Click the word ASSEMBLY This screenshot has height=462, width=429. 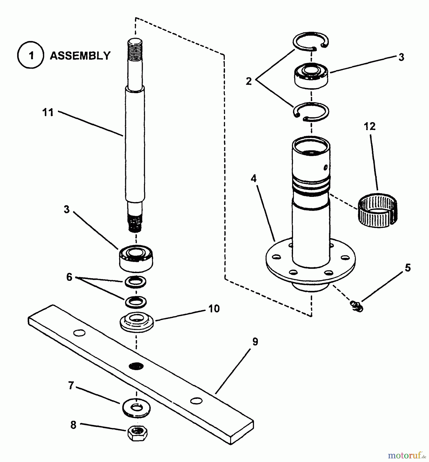pos(80,55)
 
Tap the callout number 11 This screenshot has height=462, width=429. pos(48,112)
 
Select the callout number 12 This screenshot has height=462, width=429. pos(369,126)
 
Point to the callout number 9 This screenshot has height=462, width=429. pos(255,342)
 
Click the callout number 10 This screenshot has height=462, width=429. pos(214,309)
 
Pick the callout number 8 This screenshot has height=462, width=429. pos(73,425)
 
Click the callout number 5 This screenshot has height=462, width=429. pos(408,268)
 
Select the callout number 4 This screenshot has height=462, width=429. pos(254,178)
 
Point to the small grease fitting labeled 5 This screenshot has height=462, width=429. pos(357,305)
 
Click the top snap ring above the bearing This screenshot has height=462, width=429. pos(311,41)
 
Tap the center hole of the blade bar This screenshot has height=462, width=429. pos(136,366)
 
